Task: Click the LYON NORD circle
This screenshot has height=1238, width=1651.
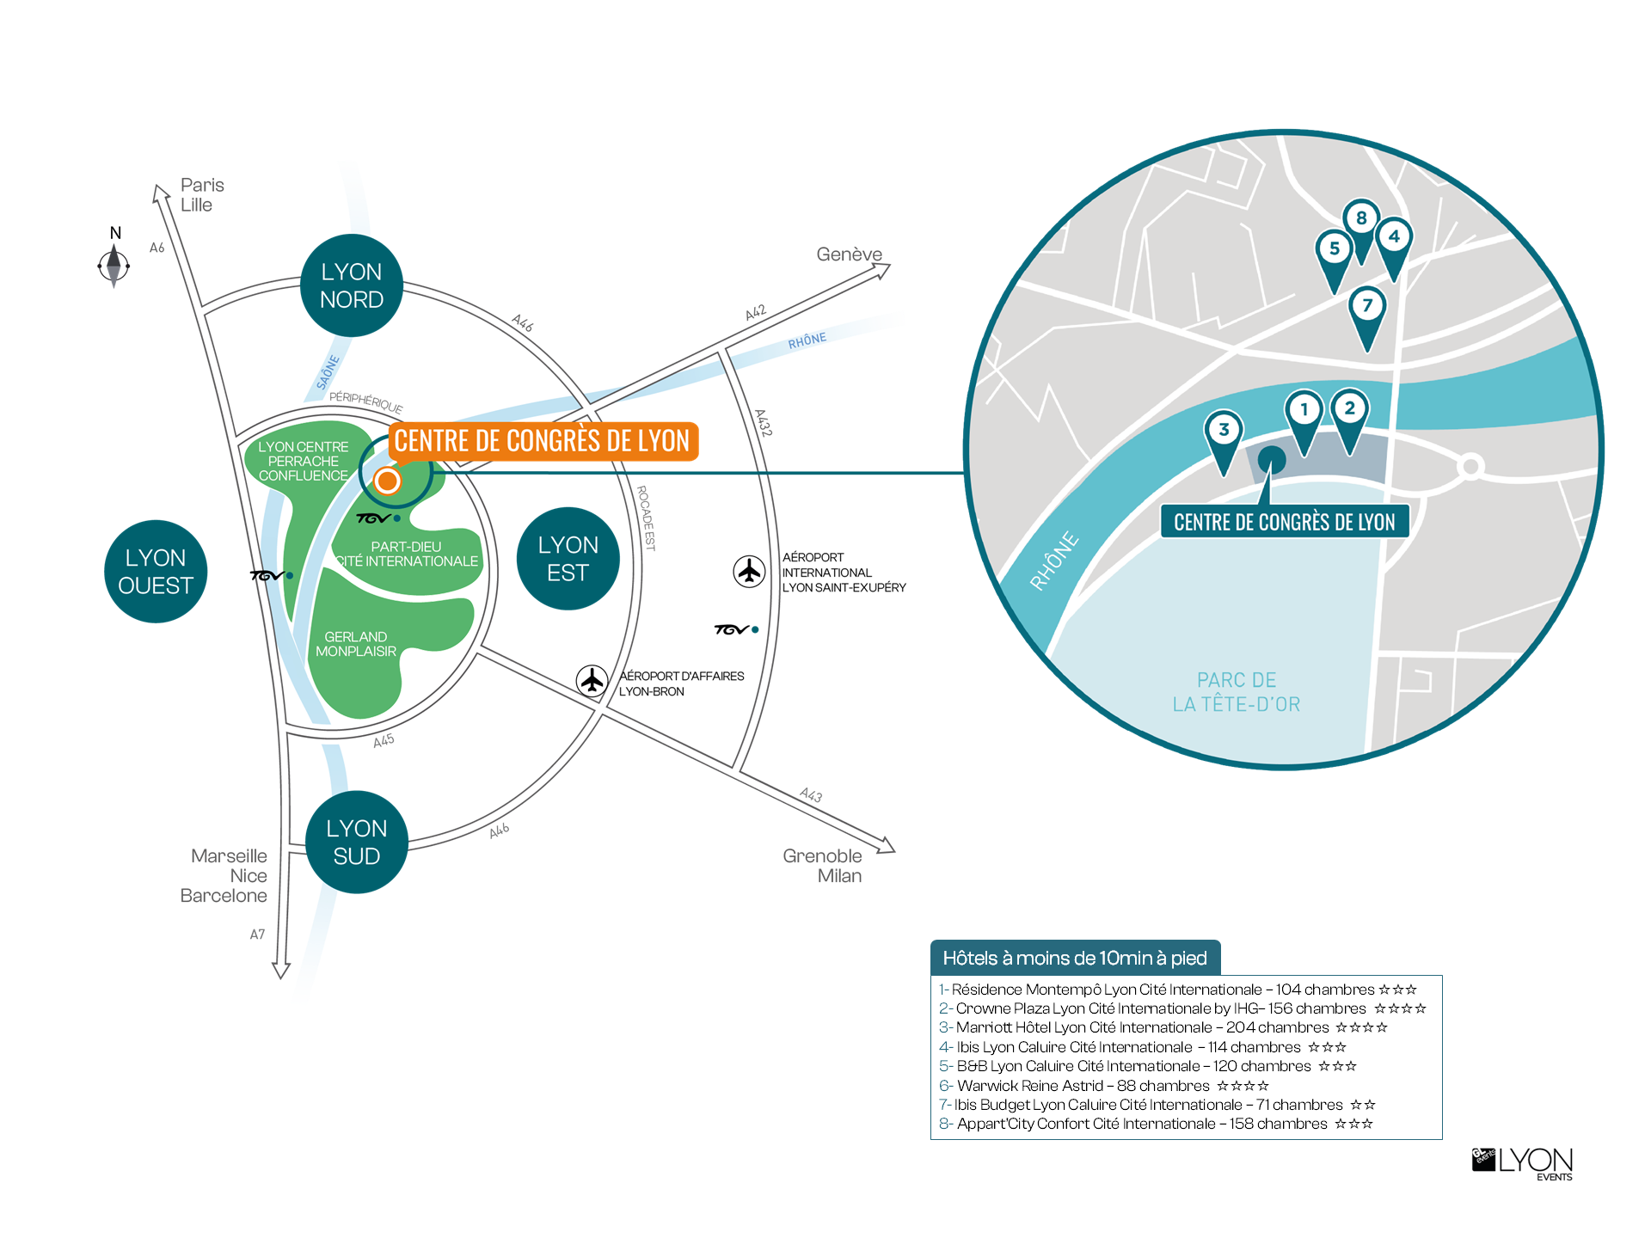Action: [x=352, y=285]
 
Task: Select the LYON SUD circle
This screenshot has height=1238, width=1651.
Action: [x=357, y=842]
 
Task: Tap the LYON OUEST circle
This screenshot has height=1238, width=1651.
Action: [x=156, y=572]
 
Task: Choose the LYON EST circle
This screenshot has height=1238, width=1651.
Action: [x=568, y=559]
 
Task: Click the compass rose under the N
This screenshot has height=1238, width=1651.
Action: [x=114, y=266]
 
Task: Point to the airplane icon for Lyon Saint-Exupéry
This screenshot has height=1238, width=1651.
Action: [x=749, y=571]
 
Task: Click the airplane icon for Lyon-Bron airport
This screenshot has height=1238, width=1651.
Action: [x=592, y=681]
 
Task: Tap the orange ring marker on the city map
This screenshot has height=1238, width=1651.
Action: [x=387, y=481]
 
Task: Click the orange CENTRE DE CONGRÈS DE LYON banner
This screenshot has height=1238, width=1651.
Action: [x=543, y=441]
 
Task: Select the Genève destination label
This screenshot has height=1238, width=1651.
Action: [x=849, y=254]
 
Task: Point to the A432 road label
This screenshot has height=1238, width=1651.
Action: [x=764, y=423]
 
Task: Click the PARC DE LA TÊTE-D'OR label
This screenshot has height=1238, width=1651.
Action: [x=1237, y=692]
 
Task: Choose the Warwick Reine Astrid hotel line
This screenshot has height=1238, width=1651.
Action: [x=1104, y=1086]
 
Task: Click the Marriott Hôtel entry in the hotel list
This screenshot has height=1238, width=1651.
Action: [x=1163, y=1027]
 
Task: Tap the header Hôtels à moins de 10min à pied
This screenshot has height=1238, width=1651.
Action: [x=1075, y=958]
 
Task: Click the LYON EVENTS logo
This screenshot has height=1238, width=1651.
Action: [x=1522, y=1164]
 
